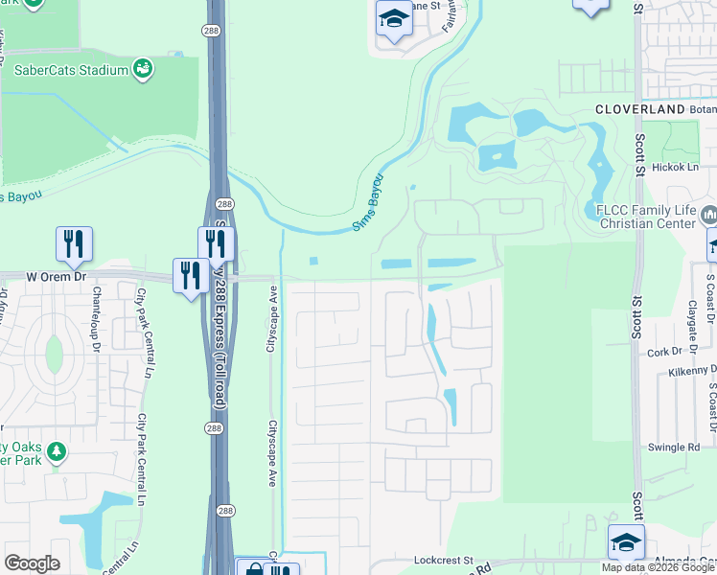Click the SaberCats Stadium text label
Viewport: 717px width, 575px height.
pos(71,70)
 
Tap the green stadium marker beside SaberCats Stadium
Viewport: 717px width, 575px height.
pos(143,68)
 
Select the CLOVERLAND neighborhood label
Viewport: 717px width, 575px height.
pos(639,110)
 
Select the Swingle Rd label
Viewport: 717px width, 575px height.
pos(674,447)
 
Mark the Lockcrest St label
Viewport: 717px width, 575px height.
pos(444,560)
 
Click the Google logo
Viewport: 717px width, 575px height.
pos(32,563)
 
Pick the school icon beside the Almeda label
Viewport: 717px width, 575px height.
pos(626,541)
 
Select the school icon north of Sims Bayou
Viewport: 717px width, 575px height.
pos(393,18)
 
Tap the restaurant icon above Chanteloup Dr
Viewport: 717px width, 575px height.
pos(74,244)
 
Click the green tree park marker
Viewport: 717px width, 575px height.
pos(57,450)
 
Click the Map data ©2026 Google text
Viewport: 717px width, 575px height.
pos(658,567)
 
